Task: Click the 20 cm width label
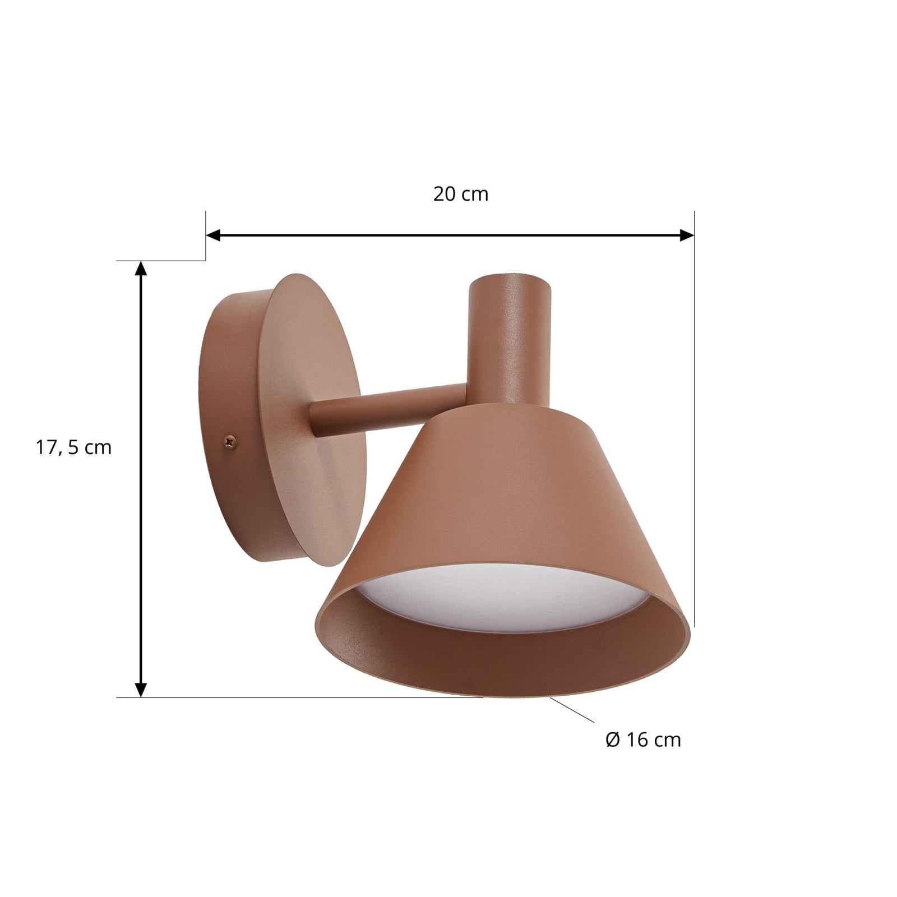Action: pyautogui.click(x=461, y=194)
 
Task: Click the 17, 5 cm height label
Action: pyautogui.click(x=74, y=447)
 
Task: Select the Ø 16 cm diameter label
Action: pyautogui.click(x=643, y=740)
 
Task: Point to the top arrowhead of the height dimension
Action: pyautogui.click(x=141, y=269)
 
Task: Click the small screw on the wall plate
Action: pyautogui.click(x=230, y=442)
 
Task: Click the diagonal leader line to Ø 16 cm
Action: pyautogui.click(x=572, y=710)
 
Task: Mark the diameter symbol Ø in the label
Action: pyautogui.click(x=613, y=740)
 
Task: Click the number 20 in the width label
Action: pyautogui.click(x=443, y=194)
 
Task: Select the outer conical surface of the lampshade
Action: pyautogui.click(x=505, y=493)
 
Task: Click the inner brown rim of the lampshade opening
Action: pyautogui.click(x=505, y=667)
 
